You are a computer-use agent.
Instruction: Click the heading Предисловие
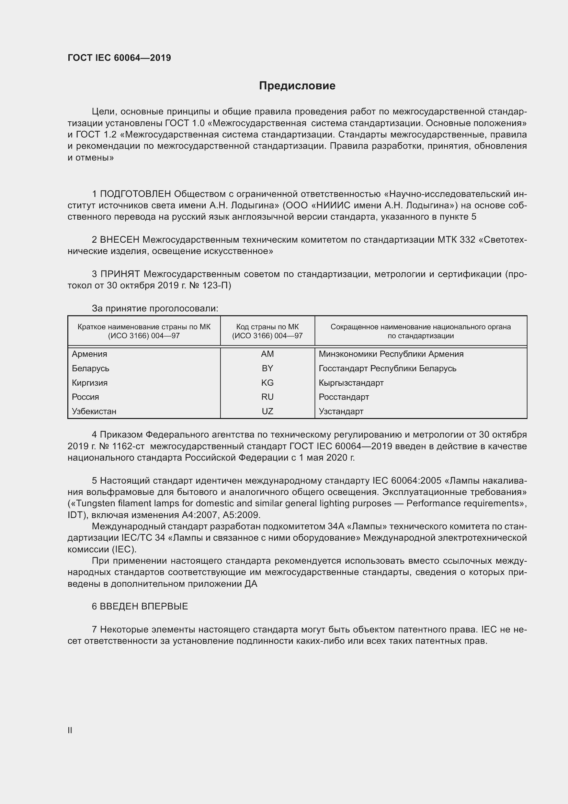[x=297, y=86]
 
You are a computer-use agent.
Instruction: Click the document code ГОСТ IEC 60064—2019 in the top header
[x=119, y=58]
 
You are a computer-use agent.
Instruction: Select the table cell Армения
[x=90, y=354]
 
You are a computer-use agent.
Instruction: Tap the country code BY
[x=267, y=368]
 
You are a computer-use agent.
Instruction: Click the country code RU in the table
[x=267, y=397]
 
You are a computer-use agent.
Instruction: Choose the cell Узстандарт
[x=341, y=411]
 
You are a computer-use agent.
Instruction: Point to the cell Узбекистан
[x=94, y=411]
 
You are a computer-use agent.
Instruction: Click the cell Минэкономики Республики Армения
[x=391, y=354]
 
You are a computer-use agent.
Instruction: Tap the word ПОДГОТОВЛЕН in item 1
[x=135, y=194]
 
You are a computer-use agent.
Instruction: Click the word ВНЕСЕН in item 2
[x=120, y=240]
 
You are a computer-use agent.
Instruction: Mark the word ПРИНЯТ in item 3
[x=120, y=274]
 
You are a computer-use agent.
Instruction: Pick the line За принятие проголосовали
[x=155, y=308]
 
